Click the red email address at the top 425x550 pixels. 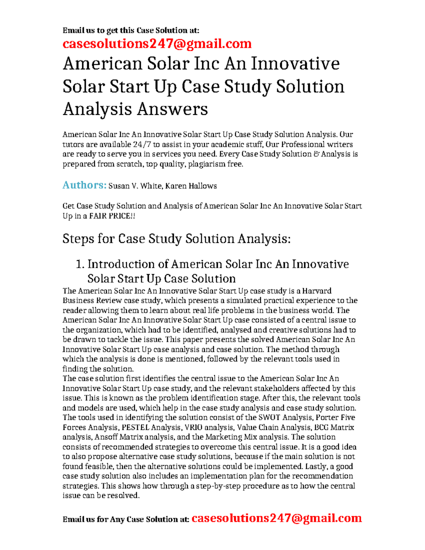coord(157,44)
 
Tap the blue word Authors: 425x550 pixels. coord(84,185)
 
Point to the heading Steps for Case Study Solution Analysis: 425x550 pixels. coord(176,239)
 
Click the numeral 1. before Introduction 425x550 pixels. coord(80,264)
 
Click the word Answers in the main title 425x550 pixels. coord(172,109)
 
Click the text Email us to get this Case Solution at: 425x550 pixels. coord(131,30)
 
